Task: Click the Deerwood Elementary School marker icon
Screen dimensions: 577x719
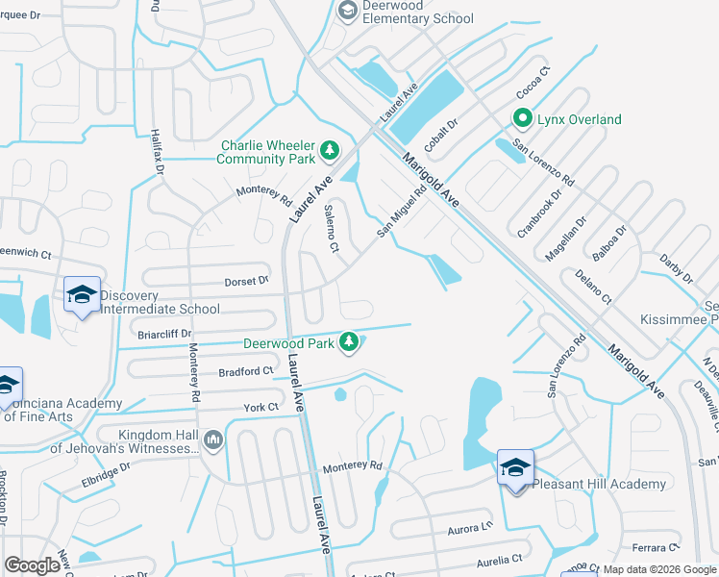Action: click(x=347, y=11)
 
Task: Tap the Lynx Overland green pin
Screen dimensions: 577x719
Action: click(x=523, y=119)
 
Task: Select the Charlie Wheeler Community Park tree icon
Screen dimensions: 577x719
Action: click(x=331, y=150)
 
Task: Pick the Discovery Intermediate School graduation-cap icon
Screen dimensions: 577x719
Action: click(x=82, y=295)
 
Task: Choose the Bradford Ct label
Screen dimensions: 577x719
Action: click(x=246, y=371)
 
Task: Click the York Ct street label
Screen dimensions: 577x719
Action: click(x=260, y=408)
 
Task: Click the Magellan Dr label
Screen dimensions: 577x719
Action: click(x=568, y=235)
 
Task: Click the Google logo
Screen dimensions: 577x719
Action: click(x=33, y=565)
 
